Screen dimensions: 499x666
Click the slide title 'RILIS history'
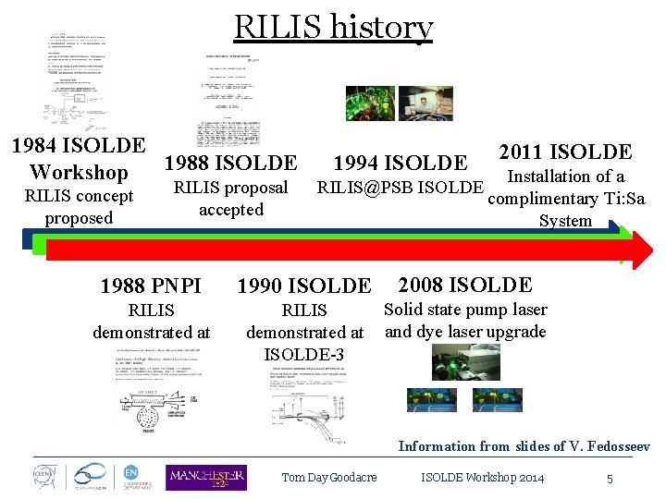click(x=333, y=27)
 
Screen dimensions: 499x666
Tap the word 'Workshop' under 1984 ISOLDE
click(x=79, y=173)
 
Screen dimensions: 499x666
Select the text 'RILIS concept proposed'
click(x=79, y=207)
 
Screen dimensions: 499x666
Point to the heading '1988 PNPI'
click(x=150, y=285)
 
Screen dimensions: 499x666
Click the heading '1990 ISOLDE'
click(x=304, y=286)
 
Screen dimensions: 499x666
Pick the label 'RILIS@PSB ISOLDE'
click(x=400, y=188)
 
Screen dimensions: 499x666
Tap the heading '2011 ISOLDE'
click(x=565, y=152)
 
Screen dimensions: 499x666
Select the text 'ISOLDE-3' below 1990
click(x=304, y=354)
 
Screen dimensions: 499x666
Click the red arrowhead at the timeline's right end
click(x=639, y=249)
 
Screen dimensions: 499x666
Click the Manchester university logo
click(x=205, y=477)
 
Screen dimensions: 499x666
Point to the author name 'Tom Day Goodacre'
click(x=329, y=478)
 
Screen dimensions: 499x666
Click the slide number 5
click(x=610, y=479)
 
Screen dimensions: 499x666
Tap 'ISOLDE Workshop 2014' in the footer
click(x=482, y=478)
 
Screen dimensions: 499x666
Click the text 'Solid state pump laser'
click(x=465, y=310)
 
